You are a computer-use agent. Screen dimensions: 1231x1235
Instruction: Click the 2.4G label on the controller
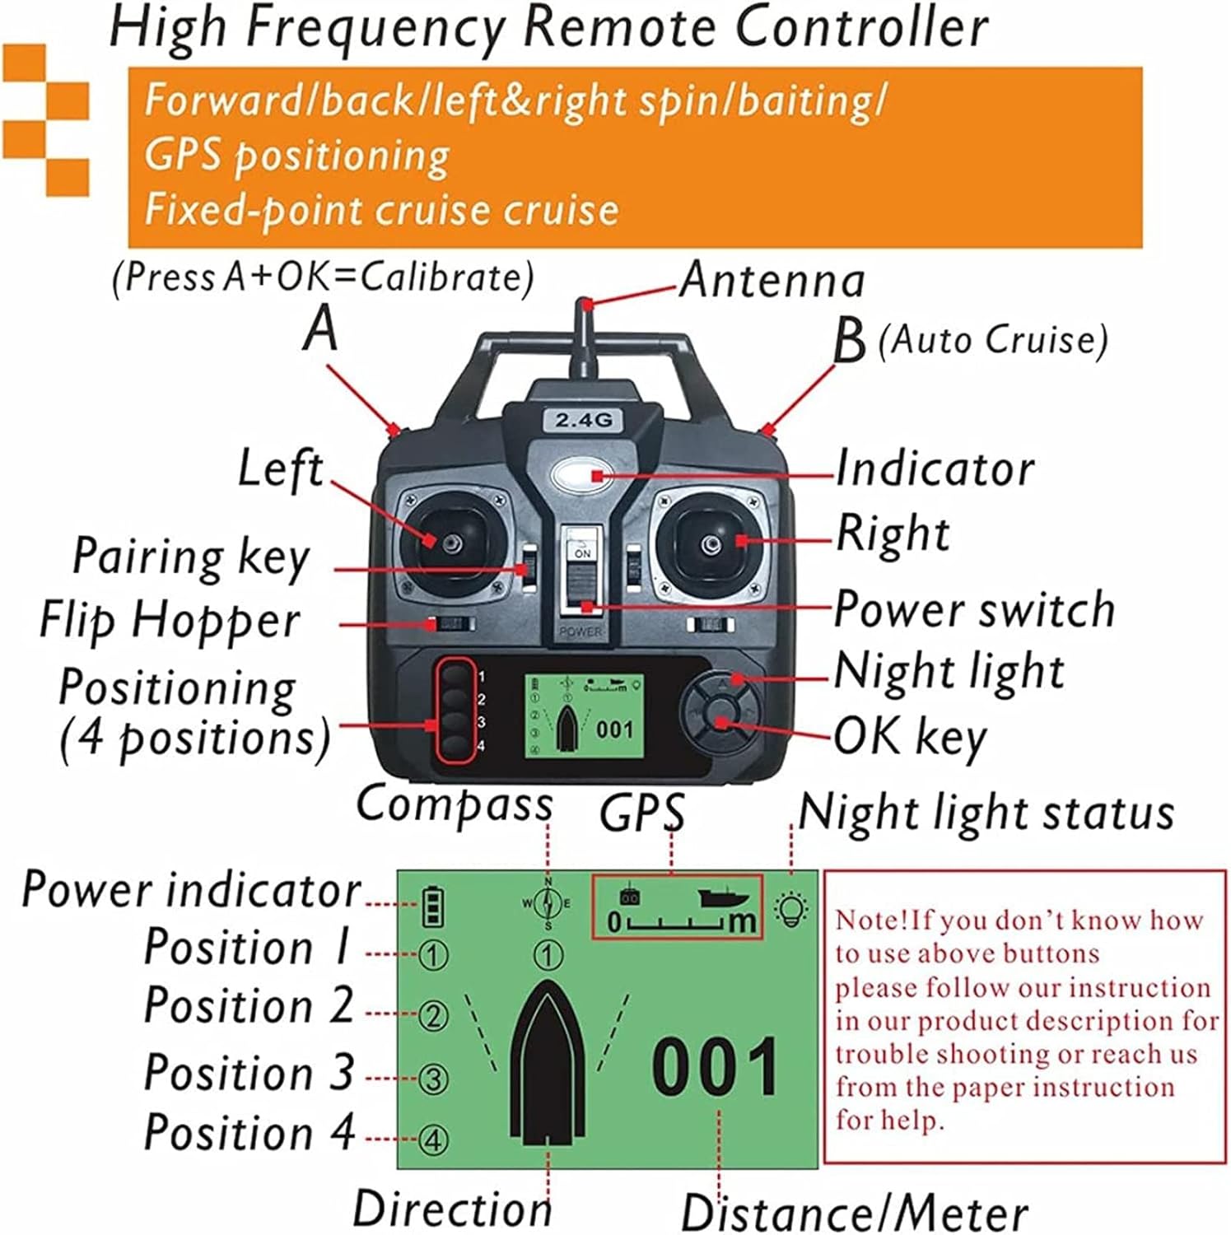(584, 420)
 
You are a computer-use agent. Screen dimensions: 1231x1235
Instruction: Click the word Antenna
(772, 281)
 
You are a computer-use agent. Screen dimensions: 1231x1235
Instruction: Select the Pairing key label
(191, 557)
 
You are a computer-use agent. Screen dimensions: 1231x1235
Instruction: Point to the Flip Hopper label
(170, 622)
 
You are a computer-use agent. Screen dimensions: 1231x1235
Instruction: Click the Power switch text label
(974, 610)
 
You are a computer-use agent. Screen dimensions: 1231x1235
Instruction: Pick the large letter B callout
(849, 341)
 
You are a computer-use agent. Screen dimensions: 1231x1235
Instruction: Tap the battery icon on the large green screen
(433, 907)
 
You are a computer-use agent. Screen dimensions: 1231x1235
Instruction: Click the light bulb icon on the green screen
(791, 910)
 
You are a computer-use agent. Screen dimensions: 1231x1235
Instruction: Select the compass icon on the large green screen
(548, 903)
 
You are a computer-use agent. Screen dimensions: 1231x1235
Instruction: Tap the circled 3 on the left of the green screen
(433, 1079)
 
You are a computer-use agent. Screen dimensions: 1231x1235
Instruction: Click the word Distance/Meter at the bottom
(854, 1214)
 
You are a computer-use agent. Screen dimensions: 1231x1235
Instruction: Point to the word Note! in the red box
(873, 920)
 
